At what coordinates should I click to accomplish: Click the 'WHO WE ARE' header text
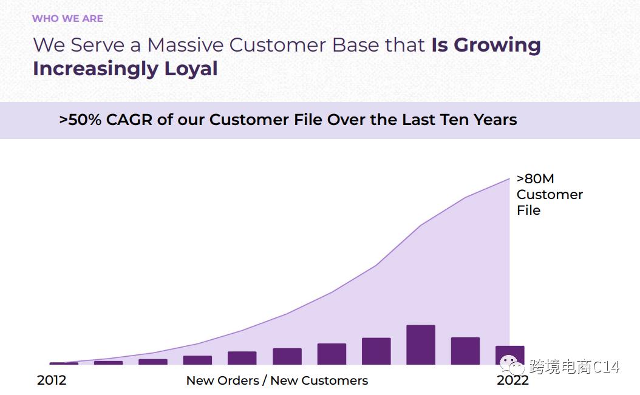click(67, 18)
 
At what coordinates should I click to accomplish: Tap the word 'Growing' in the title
click(497, 45)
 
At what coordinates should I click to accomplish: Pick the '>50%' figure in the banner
click(80, 120)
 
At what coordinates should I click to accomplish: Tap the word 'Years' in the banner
click(492, 120)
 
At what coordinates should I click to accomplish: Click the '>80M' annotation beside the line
click(535, 179)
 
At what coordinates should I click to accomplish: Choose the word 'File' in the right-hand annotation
click(528, 211)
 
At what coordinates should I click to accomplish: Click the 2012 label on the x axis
click(52, 380)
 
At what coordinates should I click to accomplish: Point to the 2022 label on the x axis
click(512, 380)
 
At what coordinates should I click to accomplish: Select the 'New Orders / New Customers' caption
click(277, 380)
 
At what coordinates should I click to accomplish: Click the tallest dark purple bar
click(421, 345)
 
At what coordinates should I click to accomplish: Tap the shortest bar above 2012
click(64, 363)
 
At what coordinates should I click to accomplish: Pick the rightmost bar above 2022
click(509, 355)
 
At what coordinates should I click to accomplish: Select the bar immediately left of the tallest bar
click(376, 351)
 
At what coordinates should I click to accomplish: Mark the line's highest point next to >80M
click(509, 179)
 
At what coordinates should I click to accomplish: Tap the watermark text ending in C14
click(574, 367)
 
